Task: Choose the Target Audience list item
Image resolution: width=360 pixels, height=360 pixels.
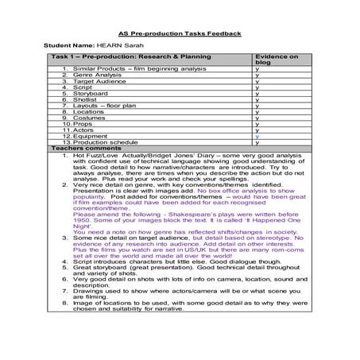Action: pos(99,83)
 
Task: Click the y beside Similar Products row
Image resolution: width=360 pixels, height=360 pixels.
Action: pos(257,71)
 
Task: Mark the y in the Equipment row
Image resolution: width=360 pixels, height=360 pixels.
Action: pos(257,136)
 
